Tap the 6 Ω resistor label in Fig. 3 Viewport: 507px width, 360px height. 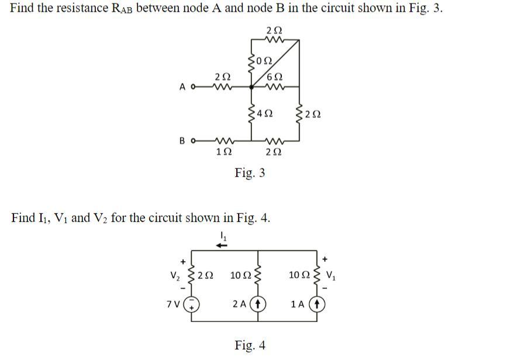point(274,77)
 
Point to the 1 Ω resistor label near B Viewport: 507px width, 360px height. point(222,152)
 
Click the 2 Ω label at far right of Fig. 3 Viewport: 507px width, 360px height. point(313,114)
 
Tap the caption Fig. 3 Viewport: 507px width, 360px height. point(250,172)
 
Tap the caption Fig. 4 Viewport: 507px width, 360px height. point(250,345)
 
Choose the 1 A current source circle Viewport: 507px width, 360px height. point(316,304)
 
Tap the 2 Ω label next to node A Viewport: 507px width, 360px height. point(222,77)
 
